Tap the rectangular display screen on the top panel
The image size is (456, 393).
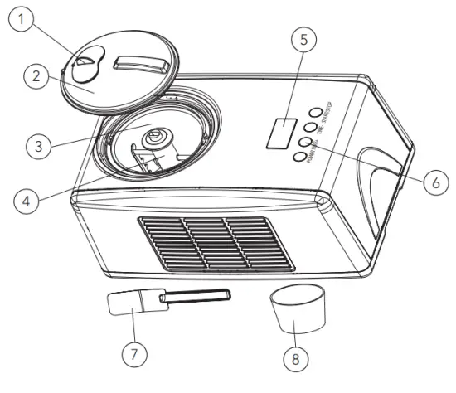tap(282, 133)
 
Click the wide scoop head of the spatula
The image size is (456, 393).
tap(126, 303)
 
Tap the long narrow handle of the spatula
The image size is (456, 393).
tap(195, 294)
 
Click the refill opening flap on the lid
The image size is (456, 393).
tap(85, 65)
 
